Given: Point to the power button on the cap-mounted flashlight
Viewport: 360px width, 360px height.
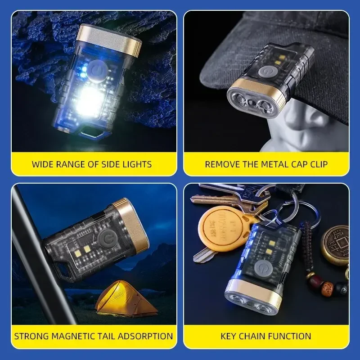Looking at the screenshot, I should click(x=264, y=72).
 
